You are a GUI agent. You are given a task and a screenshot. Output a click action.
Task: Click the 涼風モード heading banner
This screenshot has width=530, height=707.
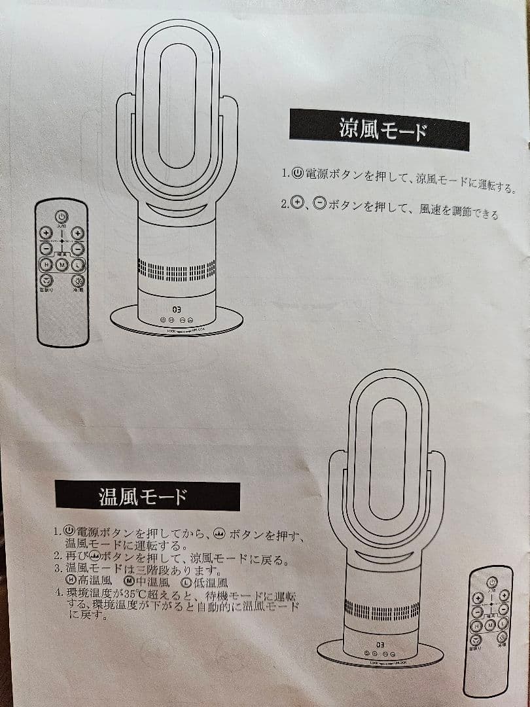[x=379, y=128]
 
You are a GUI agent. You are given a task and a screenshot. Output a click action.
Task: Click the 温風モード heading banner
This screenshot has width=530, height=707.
[x=147, y=496]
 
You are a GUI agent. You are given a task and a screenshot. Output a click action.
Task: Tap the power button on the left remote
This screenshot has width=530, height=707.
[x=61, y=215]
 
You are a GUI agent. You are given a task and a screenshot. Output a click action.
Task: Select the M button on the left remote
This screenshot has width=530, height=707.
[x=62, y=264]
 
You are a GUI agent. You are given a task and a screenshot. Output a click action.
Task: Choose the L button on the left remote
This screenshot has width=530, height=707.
[x=78, y=264]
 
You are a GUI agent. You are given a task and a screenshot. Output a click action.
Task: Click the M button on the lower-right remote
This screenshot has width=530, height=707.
[x=489, y=625]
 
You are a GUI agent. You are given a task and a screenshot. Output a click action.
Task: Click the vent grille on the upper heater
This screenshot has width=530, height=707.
[x=177, y=270]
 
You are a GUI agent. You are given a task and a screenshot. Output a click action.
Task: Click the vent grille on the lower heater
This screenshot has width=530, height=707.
[x=381, y=611]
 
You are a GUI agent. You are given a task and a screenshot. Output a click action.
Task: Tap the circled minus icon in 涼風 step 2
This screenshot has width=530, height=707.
[x=319, y=204]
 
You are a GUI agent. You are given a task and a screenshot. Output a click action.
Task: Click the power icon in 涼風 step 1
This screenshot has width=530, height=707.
[x=296, y=173]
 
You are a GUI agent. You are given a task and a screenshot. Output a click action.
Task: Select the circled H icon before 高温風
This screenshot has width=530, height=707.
[x=71, y=579]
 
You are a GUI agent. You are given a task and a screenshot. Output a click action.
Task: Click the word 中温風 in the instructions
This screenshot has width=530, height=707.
[x=151, y=581]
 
